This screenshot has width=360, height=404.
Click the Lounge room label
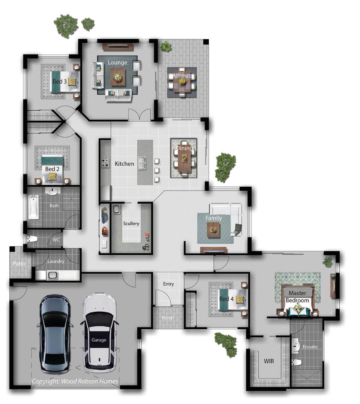117,63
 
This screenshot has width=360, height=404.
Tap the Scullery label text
131,223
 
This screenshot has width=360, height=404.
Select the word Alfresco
182,76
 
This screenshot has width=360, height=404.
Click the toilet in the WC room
32,239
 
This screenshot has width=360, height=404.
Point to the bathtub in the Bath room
34,207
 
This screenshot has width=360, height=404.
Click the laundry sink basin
52,275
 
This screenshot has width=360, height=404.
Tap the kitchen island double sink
142,163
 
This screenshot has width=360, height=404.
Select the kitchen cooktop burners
105,163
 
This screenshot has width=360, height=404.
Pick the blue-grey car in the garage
55,334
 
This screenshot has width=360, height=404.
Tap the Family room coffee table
213,230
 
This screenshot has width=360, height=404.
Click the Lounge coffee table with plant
118,77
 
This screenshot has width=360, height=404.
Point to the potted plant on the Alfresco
166,46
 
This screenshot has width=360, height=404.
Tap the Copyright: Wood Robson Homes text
75,381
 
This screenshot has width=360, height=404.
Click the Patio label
19,264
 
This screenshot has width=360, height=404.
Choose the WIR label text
269,361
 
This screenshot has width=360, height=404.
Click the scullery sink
116,209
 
